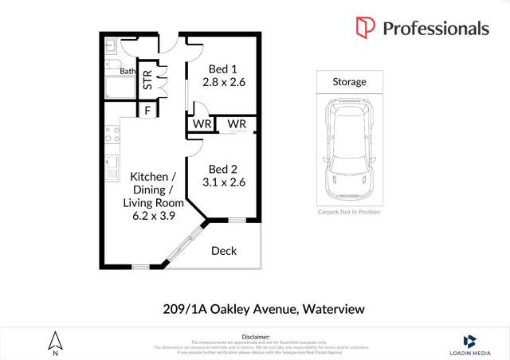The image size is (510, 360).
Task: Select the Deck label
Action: coord(224,251)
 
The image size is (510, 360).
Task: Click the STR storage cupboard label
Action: coord(147,80)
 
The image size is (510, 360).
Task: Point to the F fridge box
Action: coord(147,111)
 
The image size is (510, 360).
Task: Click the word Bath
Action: coord(127,72)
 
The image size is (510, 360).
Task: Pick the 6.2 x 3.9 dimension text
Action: coord(149,215)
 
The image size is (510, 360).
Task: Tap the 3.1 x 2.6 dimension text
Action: coord(224,182)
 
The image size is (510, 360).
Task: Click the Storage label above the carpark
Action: coord(349,82)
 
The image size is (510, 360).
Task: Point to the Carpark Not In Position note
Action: coord(349,212)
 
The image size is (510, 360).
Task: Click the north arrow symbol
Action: coord(55,342)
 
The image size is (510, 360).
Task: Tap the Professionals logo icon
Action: coord(365,29)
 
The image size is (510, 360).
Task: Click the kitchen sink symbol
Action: coord(111,168)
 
